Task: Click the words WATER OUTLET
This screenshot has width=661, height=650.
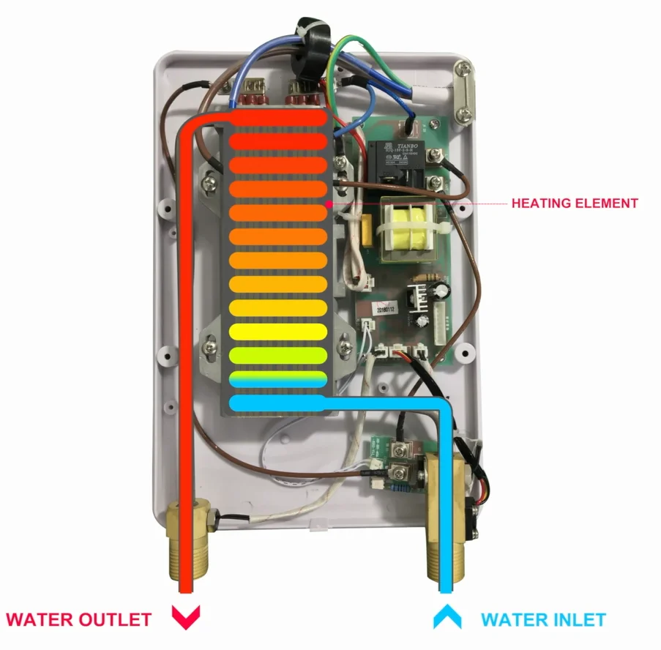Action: click(79, 619)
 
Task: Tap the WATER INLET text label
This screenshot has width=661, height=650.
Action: click(543, 620)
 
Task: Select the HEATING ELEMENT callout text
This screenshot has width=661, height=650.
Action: click(575, 203)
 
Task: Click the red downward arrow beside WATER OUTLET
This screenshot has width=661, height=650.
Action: click(185, 617)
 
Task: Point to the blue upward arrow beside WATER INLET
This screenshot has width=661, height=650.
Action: click(447, 616)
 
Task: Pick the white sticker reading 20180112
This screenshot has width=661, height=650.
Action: click(384, 309)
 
